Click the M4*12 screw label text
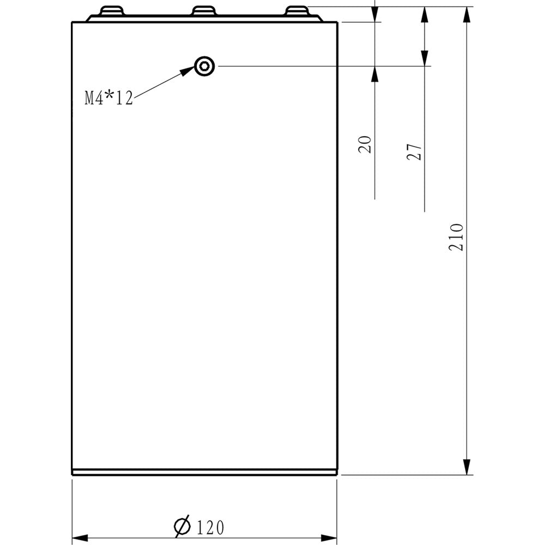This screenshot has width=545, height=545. click(x=109, y=98)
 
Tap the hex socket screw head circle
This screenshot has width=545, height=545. click(x=204, y=66)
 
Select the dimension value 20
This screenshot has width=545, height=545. click(x=366, y=144)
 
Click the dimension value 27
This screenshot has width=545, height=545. click(x=415, y=152)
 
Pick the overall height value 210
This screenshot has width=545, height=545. click(x=456, y=237)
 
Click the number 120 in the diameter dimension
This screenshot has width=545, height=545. click(x=210, y=528)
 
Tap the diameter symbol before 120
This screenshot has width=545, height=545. click(x=182, y=526)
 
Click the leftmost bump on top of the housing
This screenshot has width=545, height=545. click(x=112, y=11)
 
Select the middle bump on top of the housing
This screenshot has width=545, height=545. click(x=204, y=11)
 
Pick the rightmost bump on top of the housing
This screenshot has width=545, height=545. click(x=298, y=11)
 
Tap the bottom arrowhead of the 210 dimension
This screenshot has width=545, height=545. click(x=467, y=467)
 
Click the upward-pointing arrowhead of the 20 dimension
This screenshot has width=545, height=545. click(x=375, y=74)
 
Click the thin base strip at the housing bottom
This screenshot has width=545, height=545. click(x=204, y=472)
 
